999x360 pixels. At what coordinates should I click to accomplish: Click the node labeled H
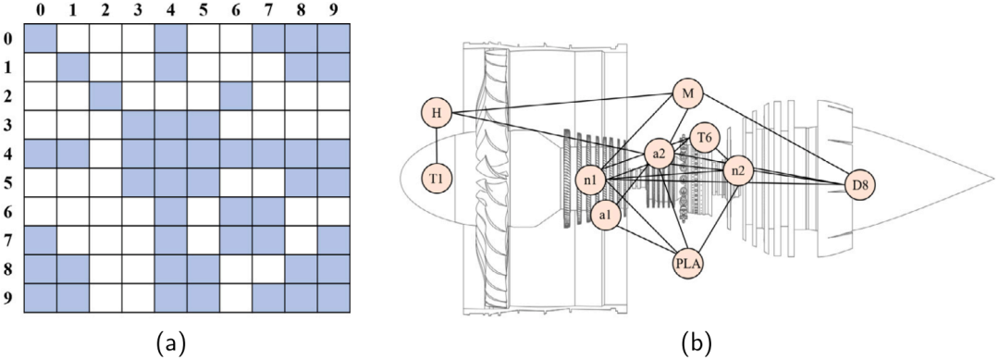437,113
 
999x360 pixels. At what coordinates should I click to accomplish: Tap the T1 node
437,179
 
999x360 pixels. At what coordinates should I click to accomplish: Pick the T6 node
704,138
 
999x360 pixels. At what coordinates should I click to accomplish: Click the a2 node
659,154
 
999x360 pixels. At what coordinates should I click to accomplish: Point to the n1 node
589,180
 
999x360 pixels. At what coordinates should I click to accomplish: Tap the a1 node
605,215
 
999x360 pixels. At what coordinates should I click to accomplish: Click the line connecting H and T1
437,146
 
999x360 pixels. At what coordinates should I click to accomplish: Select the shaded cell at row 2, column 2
105,96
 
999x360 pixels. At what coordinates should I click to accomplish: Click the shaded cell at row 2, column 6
236,96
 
